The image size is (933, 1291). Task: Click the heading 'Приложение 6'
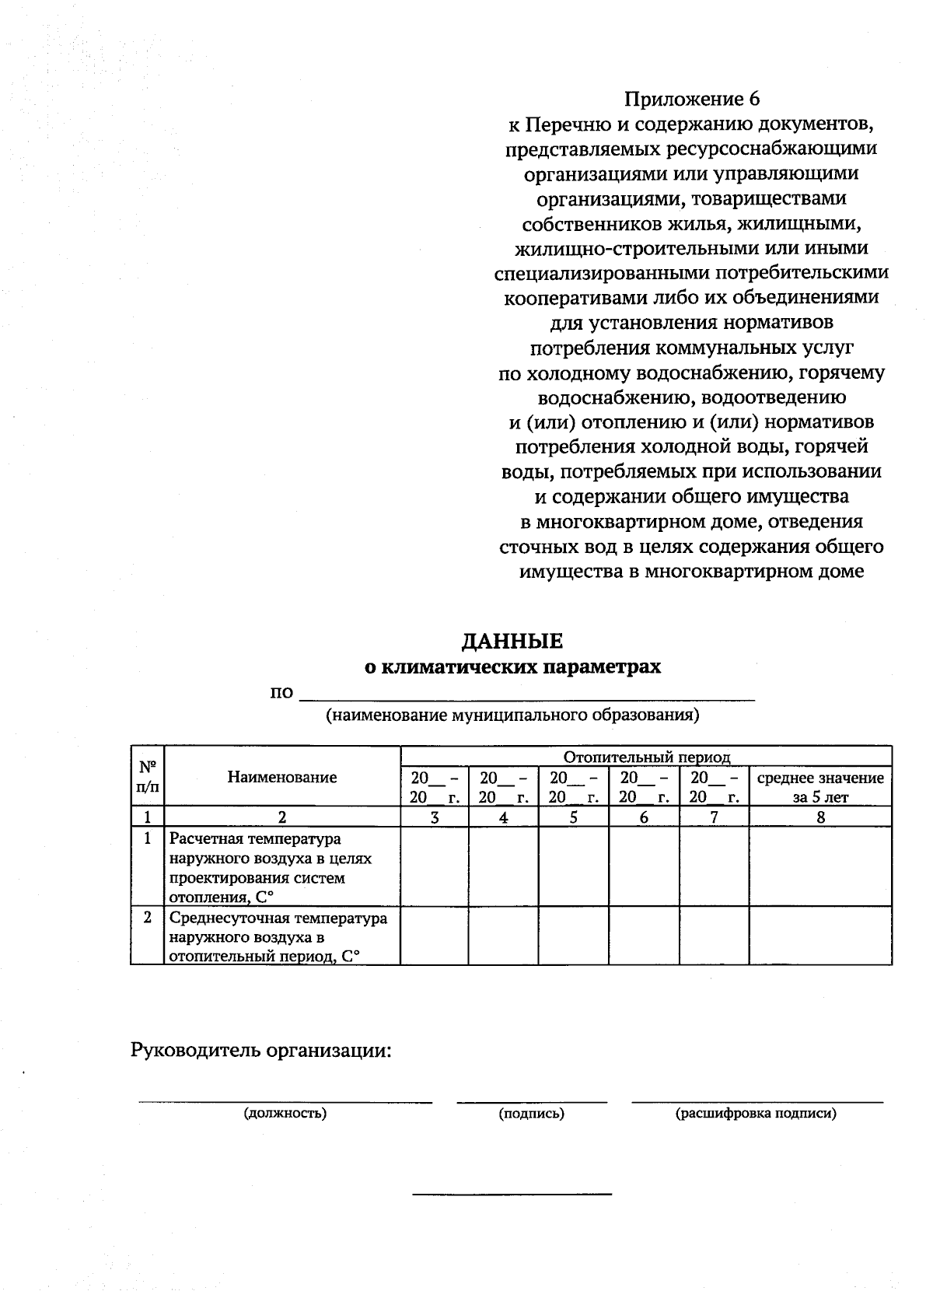691,99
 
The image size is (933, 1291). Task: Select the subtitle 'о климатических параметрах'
513,666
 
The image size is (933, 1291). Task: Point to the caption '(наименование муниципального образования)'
512,715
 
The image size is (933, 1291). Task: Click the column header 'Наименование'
282,777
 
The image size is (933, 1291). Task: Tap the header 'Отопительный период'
646,757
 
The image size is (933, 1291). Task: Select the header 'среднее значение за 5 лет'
820,787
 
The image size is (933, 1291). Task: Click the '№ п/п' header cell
148,776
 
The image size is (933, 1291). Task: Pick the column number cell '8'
820,817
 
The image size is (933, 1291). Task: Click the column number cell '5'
573,817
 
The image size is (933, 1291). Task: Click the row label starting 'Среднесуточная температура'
278,937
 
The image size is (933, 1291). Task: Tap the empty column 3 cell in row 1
434,866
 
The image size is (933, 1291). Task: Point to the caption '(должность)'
285,1113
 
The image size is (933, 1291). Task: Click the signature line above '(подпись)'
532,1101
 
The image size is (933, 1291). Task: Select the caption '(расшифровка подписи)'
756,1113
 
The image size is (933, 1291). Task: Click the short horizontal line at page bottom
512,1193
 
